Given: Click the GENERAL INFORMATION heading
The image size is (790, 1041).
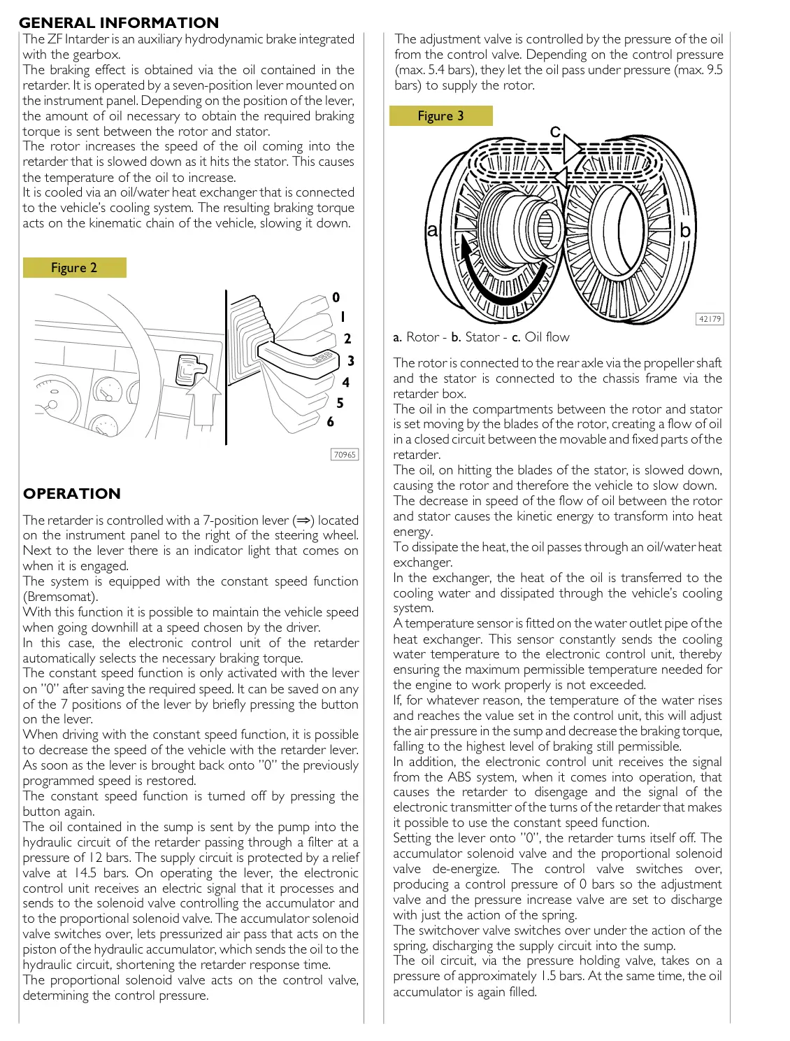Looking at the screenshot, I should pos(119,22).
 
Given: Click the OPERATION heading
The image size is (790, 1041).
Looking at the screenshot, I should pos(72,493).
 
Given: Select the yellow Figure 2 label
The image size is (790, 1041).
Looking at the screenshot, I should pos(74,268).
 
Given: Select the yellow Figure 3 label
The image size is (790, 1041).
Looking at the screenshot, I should pos(440,116).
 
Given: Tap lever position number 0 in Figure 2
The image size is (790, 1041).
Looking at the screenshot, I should pos(336,297).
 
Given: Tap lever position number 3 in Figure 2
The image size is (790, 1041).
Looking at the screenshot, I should pos(351,361).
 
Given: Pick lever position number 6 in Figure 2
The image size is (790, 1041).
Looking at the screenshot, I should pos(331,422).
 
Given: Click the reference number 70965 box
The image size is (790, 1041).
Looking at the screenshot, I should pos(345,455).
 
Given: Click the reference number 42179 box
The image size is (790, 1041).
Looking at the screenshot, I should pos(710,319).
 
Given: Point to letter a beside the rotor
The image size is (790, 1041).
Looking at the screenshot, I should pos(432,230).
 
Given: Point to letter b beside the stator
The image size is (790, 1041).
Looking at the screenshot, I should pos(685,230).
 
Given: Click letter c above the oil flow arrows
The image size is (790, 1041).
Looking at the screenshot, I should pos(555,132).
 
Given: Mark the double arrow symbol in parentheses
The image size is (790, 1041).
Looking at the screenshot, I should pos(303,520).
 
